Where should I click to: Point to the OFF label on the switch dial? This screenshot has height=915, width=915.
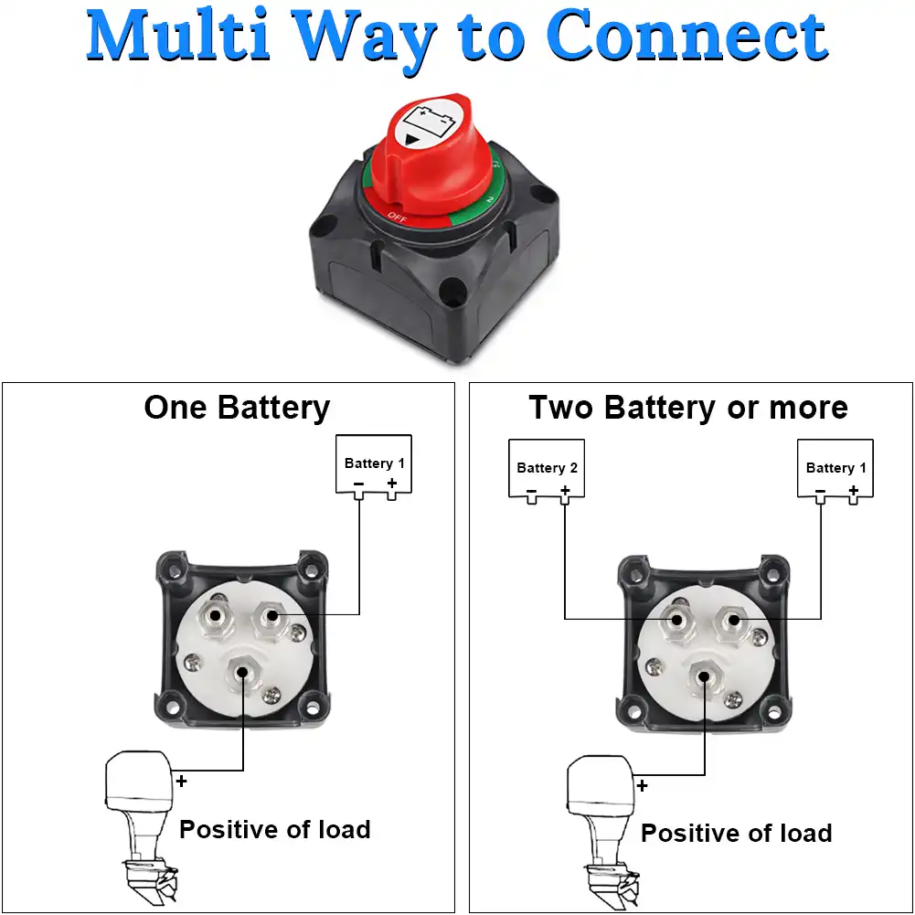(396, 216)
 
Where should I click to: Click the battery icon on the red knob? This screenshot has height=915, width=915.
(432, 119)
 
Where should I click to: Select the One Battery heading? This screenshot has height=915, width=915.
(237, 408)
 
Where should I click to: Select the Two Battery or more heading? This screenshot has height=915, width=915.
(688, 408)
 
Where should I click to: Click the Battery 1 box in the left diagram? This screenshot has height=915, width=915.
(374, 464)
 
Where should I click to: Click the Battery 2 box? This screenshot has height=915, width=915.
(547, 468)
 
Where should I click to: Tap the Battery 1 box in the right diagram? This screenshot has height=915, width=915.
(835, 468)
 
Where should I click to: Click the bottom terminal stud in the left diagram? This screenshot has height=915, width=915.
(240, 674)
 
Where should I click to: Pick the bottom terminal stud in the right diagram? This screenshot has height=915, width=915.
(702, 676)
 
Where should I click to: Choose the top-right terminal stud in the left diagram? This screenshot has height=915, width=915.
(271, 616)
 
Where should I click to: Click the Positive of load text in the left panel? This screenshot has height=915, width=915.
(274, 830)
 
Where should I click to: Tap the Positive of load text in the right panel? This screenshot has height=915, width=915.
(736, 834)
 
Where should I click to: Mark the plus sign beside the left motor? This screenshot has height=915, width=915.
(182, 782)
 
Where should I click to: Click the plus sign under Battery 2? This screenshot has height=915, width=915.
(565, 492)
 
